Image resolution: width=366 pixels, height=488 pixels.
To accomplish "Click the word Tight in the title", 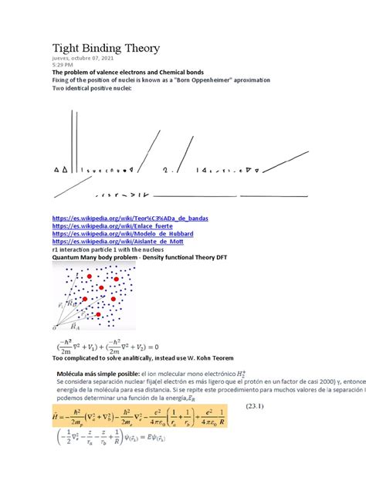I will point(67,49).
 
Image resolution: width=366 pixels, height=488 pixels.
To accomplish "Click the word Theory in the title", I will point(138,49).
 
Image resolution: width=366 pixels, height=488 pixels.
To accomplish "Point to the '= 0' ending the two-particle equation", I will point(164,346).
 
